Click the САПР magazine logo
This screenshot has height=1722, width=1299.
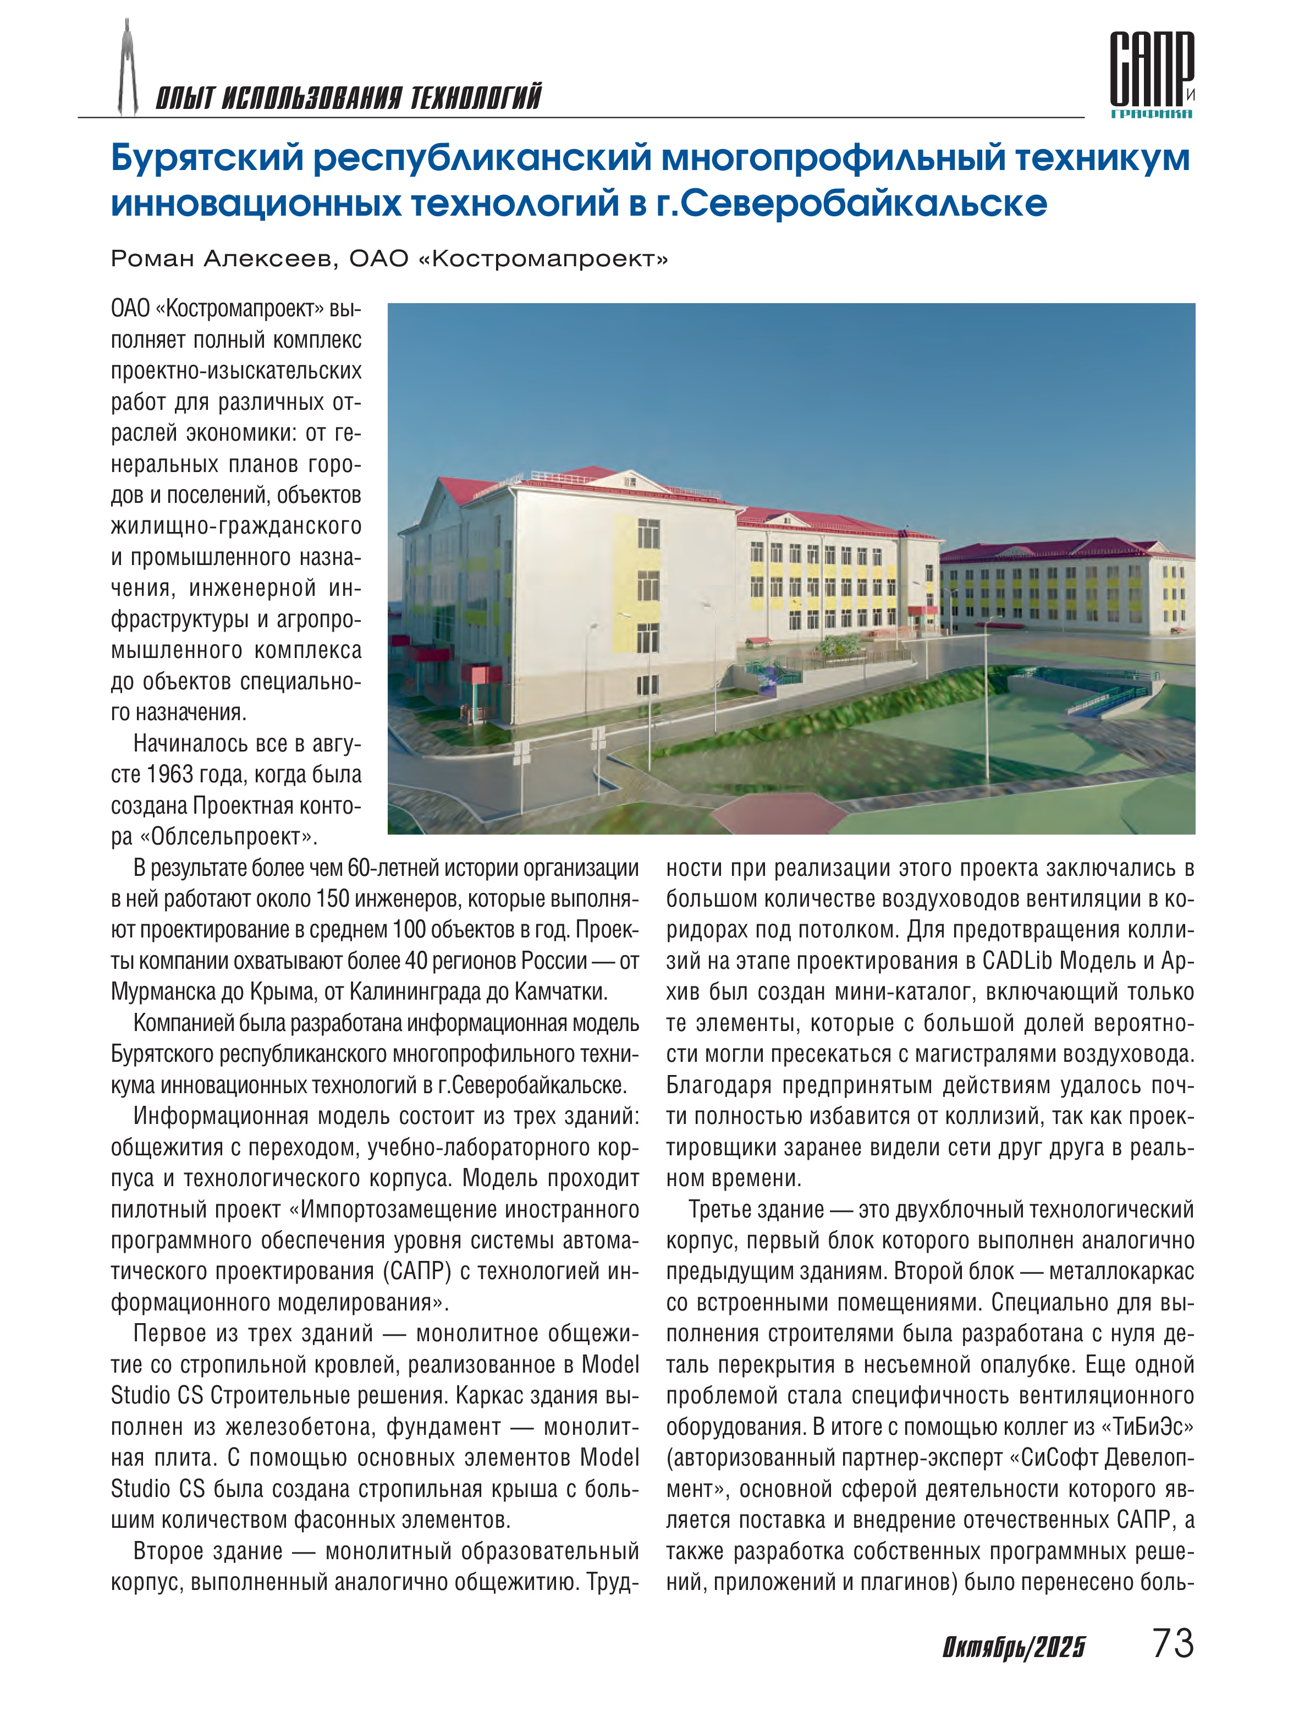[x=1151, y=74]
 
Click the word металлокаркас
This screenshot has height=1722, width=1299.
[x=1121, y=1272]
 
